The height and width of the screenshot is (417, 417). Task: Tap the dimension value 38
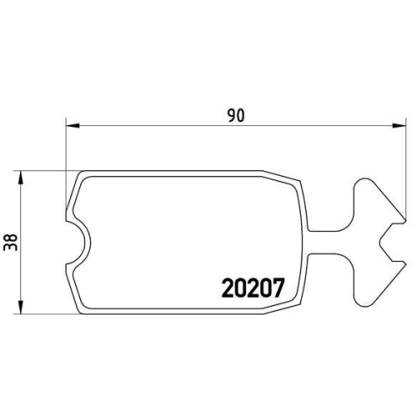[11, 242]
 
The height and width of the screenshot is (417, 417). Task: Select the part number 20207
[254, 288]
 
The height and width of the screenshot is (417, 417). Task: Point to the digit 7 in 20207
[280, 288]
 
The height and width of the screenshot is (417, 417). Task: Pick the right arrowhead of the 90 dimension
[394, 127]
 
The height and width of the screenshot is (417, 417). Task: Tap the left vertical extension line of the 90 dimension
[65, 167]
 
